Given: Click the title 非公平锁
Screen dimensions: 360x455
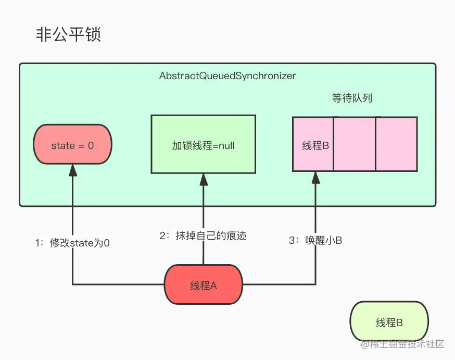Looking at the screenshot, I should click(x=68, y=35).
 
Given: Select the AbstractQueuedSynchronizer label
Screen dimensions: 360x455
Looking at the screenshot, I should click(x=228, y=76).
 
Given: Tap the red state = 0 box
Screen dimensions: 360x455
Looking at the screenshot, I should click(x=72, y=146).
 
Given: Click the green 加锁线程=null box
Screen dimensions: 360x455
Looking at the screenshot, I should click(x=203, y=145).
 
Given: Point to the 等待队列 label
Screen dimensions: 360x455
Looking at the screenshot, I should click(x=352, y=98).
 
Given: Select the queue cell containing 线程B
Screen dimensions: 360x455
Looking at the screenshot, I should click(x=313, y=145).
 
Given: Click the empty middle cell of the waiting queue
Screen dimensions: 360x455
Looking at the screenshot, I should click(x=354, y=144).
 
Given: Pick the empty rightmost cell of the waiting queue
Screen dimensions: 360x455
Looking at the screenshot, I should click(x=396, y=144).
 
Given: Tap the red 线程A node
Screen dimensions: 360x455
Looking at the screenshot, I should click(x=204, y=285).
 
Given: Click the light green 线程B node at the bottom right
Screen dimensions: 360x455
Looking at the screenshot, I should click(x=389, y=322).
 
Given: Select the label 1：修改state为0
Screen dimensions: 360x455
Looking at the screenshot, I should click(x=72, y=243).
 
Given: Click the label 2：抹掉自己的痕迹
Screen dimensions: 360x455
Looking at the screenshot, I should click(x=203, y=236).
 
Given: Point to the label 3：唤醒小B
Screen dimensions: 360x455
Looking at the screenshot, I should click(x=315, y=240).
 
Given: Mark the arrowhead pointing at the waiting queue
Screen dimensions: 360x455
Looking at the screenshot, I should click(x=315, y=177).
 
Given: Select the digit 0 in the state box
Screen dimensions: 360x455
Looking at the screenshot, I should click(x=91, y=146).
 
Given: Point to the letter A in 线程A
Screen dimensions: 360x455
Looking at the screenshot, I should click(x=213, y=285).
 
